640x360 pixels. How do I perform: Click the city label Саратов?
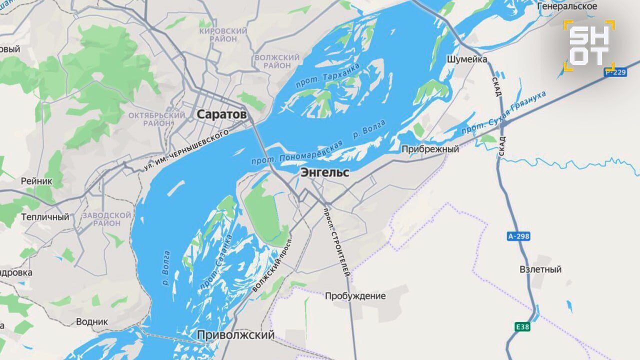click(221, 114)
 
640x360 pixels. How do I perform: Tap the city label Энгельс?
click(324, 172)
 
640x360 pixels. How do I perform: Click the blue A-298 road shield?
click(518, 236)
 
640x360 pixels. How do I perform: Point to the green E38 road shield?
click(522, 327)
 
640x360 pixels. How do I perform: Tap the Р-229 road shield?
click(615, 72)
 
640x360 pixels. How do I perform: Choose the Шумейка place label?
click(466, 59)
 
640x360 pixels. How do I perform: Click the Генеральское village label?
click(567, 6)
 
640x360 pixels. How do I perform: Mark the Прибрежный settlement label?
click(430, 149)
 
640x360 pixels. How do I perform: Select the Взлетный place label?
click(540, 269)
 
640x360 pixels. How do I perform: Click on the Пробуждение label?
click(355, 296)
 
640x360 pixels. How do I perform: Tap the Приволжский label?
click(236, 335)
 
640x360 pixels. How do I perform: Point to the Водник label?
click(91, 321)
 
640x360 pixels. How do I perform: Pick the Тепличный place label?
click(45, 217)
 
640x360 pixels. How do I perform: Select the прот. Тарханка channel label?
click(327, 76)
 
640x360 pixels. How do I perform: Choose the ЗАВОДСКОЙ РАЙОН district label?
click(106, 219)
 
